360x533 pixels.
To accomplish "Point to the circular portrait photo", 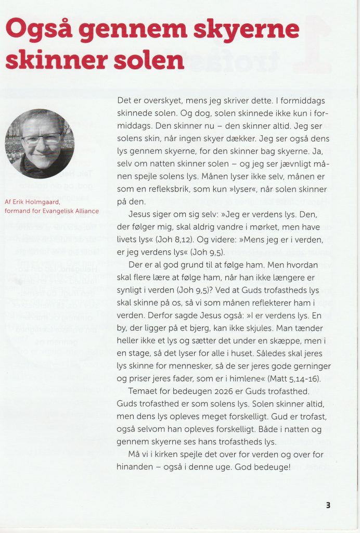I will [x=40, y=144].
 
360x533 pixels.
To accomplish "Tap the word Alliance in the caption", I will [x=84, y=211].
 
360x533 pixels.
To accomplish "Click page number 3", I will [x=328, y=504].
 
